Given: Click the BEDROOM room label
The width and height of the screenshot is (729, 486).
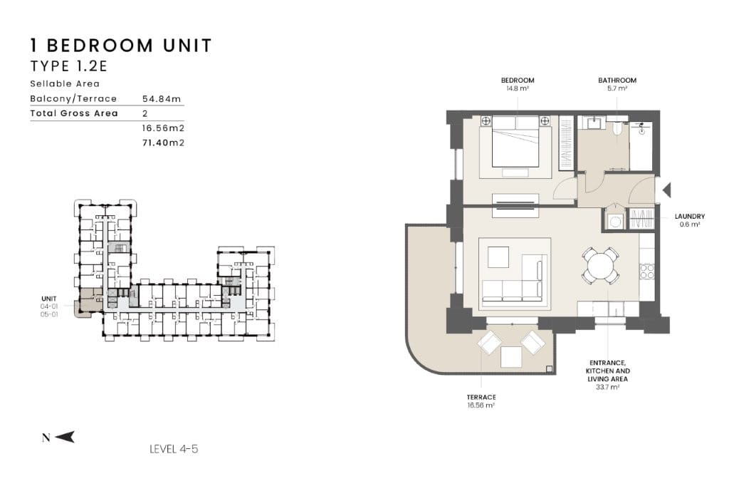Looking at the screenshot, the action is (x=518, y=80).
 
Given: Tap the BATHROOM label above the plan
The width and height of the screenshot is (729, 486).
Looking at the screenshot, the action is (x=617, y=80).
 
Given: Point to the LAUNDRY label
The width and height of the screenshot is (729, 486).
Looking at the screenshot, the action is (x=689, y=216).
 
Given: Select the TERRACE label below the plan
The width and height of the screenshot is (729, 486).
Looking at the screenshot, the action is (x=481, y=397).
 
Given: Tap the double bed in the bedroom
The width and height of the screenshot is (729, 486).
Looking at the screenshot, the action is (x=515, y=142).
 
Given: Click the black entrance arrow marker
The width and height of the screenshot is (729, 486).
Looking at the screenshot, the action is (x=666, y=190).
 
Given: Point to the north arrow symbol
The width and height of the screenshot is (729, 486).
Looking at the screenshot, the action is (x=64, y=437).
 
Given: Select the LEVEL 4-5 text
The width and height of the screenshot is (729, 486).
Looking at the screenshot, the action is (x=174, y=449).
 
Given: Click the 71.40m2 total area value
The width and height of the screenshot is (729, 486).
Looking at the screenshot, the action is (x=163, y=143).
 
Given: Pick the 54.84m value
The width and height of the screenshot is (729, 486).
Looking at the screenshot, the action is (x=162, y=98).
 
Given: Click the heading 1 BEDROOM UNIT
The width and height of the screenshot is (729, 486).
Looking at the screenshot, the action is (x=121, y=46).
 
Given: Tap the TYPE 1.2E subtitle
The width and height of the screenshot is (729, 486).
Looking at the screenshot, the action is (x=69, y=66).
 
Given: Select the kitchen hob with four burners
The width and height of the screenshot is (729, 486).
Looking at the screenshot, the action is (x=646, y=272).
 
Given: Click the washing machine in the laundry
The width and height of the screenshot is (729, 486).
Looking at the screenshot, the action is (x=614, y=222).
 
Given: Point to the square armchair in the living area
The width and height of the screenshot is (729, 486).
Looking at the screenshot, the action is (x=498, y=257).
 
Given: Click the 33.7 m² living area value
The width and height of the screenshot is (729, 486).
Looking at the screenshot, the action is (x=607, y=387).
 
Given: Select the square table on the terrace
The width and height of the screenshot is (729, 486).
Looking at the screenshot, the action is (x=511, y=356).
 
